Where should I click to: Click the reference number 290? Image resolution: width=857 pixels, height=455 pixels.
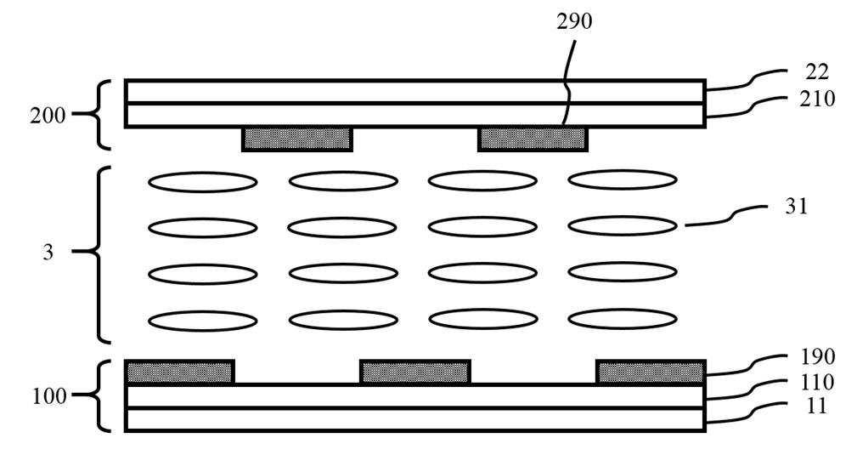pos(575,22)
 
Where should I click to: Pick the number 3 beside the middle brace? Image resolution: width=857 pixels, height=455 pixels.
pos(48,253)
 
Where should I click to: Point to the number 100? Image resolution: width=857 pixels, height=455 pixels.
pos(48,395)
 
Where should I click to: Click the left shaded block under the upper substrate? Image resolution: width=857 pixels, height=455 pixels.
pos(297,139)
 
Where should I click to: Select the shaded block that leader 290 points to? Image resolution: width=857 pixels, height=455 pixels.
pos(533,139)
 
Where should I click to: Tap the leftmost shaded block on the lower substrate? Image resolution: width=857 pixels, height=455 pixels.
pos(180,372)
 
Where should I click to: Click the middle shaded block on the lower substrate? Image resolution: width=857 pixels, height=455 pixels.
pos(415,372)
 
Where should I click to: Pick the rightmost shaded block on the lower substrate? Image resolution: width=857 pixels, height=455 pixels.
pos(651,372)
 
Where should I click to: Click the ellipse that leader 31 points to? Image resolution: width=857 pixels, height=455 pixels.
pos(623,225)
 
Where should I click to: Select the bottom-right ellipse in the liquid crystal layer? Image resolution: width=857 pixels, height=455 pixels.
pos(623,320)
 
